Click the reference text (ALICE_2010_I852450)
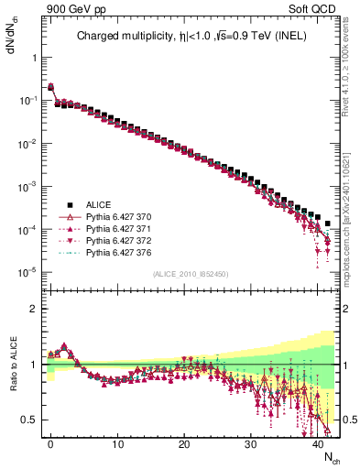191,274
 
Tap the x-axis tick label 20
184,444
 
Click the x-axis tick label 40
318,444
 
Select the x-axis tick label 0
50,444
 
